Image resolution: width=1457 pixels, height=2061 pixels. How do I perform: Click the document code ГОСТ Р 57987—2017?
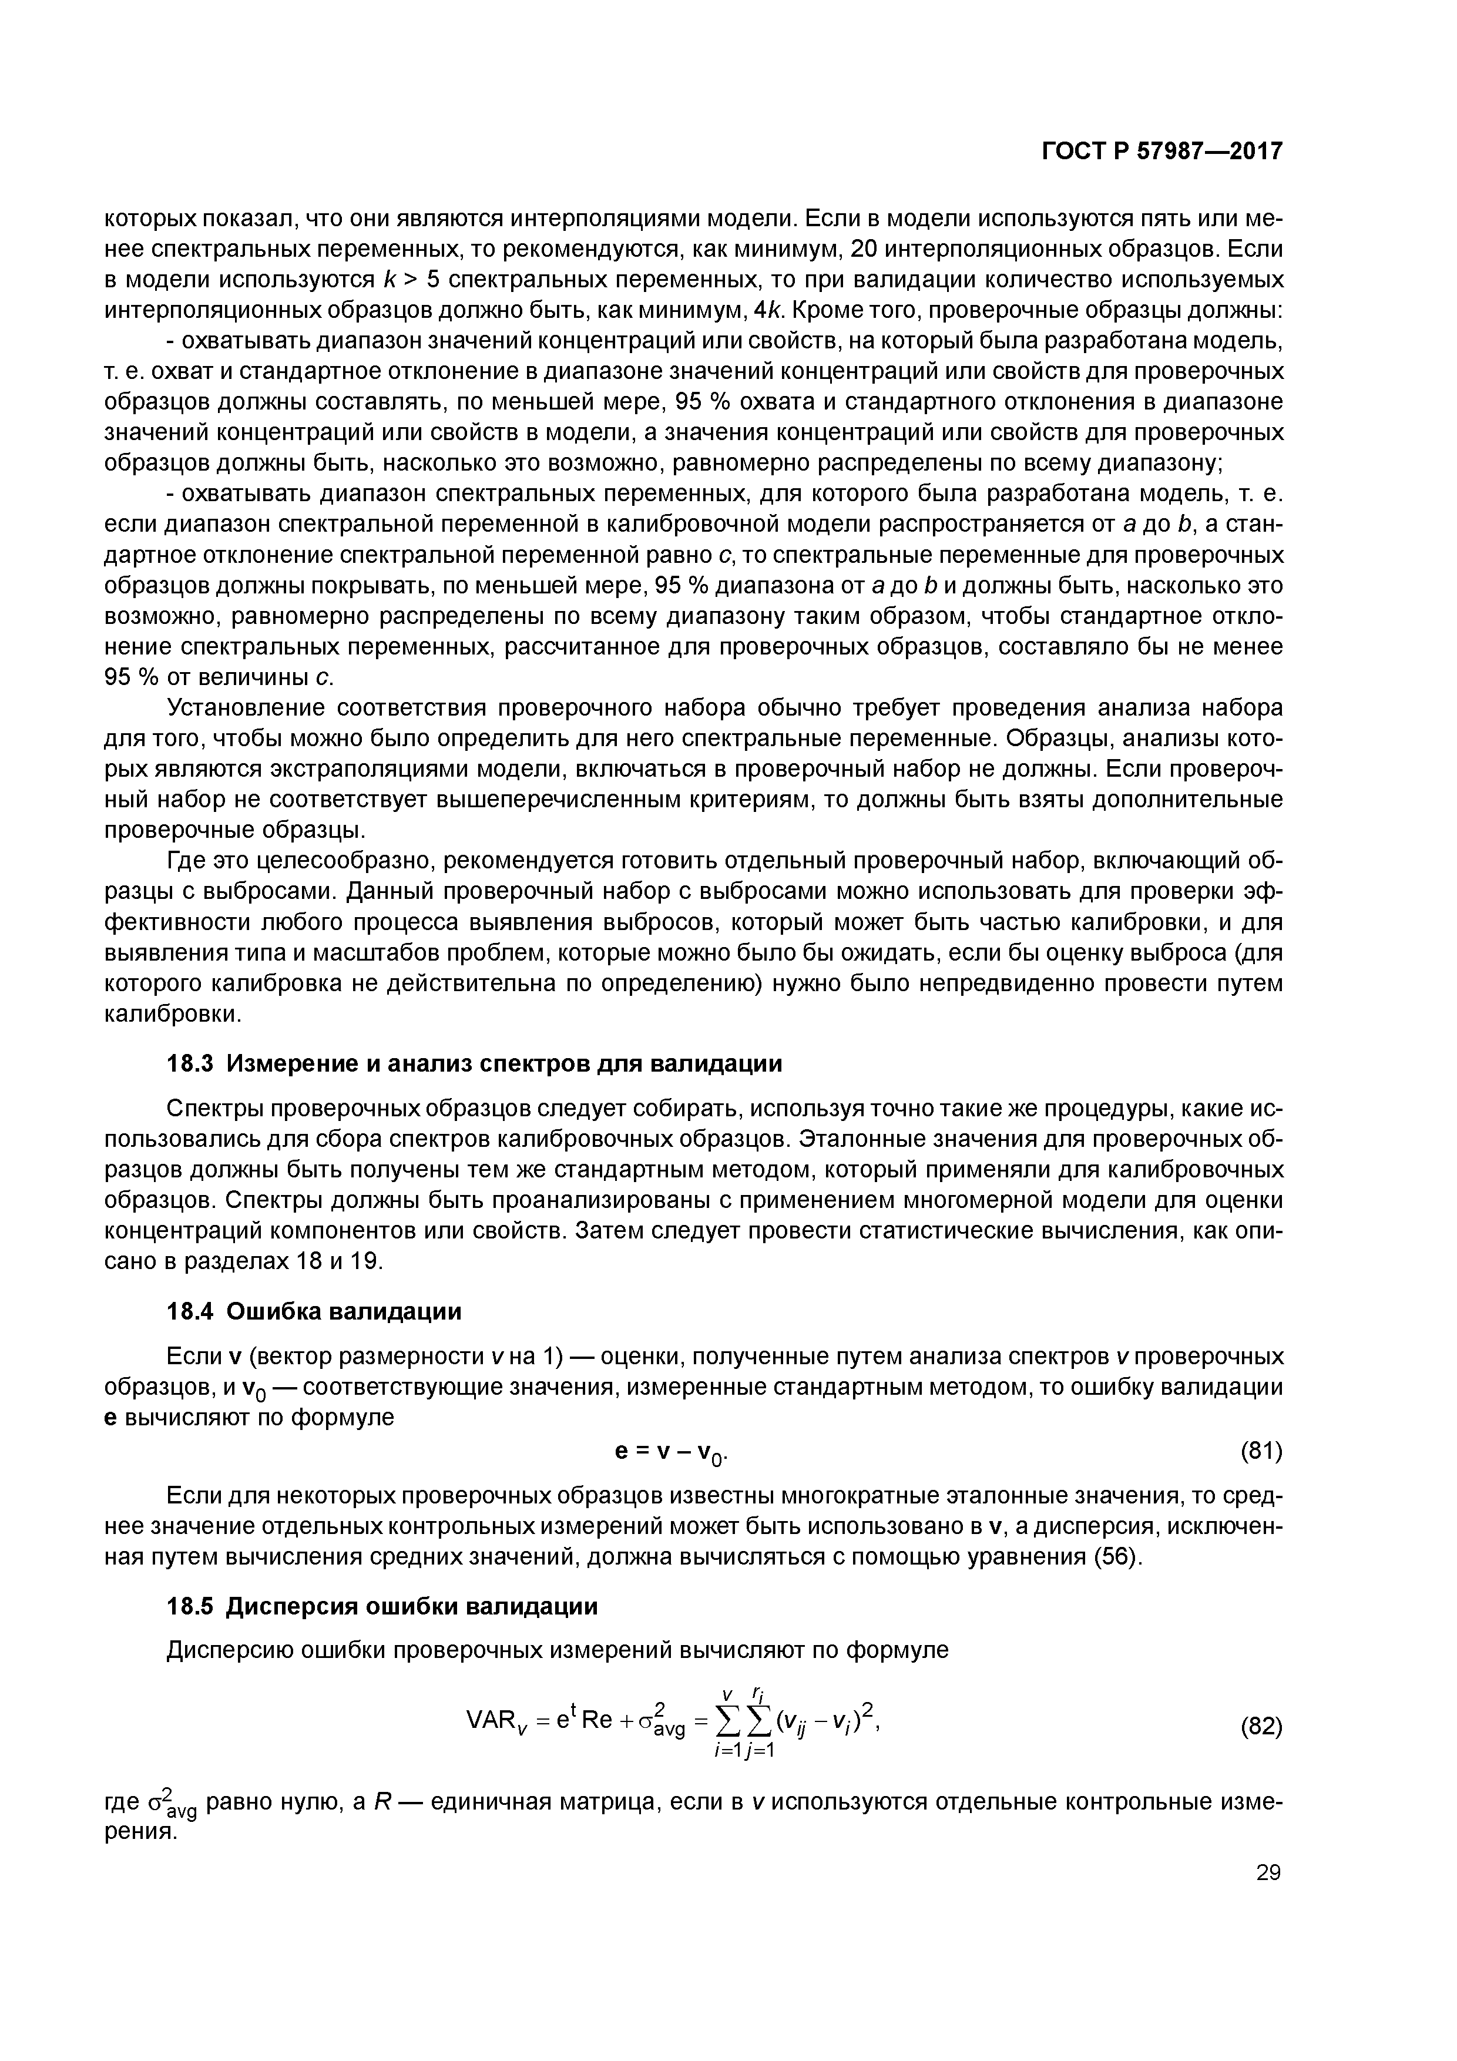point(1161,152)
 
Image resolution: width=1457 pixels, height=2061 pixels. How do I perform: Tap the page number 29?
point(1268,1872)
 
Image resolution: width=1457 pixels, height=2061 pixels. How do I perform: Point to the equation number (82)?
point(1260,1726)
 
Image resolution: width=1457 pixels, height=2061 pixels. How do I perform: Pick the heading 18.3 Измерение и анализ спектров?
point(475,1064)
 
